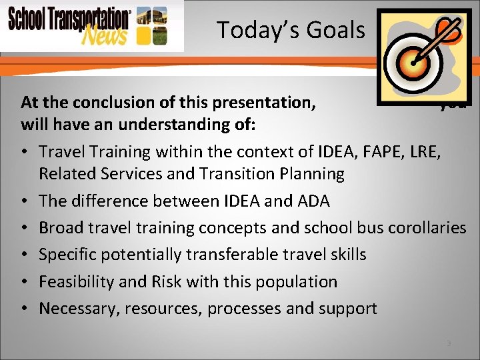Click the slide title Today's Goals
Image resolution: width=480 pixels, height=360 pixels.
coord(291,30)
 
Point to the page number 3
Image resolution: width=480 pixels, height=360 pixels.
coord(449,343)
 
